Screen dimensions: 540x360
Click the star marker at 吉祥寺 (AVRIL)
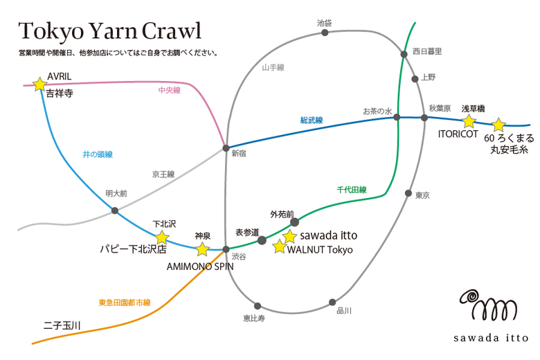click(x=40, y=84)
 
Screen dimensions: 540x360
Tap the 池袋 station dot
click(x=325, y=33)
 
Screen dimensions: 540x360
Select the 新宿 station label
click(x=239, y=154)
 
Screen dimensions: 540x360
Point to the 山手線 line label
click(x=273, y=68)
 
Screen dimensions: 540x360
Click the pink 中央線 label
click(x=170, y=90)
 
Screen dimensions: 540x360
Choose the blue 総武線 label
click(x=312, y=120)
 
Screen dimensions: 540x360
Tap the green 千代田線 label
click(x=352, y=190)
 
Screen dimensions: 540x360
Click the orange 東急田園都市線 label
click(x=125, y=303)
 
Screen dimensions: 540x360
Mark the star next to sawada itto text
click(x=289, y=236)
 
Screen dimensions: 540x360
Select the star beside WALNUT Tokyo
click(x=280, y=246)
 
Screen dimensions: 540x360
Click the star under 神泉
click(x=202, y=249)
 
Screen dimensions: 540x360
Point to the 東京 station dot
click(x=408, y=193)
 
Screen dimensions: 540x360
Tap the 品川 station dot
click(x=332, y=303)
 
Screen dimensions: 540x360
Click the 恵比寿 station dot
click(x=258, y=306)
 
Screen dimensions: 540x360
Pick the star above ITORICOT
click(x=469, y=121)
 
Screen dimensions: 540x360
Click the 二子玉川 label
click(x=62, y=325)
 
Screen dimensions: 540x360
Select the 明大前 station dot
click(x=115, y=210)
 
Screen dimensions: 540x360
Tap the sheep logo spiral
click(x=471, y=297)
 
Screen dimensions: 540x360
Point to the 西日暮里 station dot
click(x=404, y=54)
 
